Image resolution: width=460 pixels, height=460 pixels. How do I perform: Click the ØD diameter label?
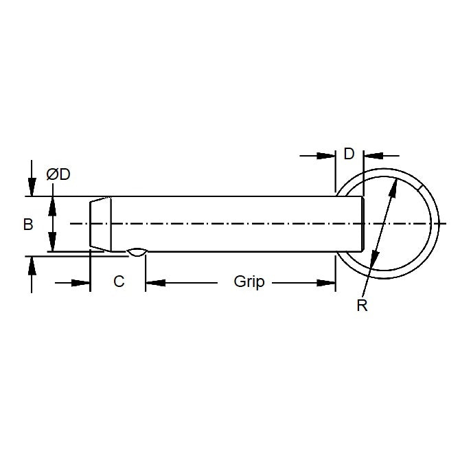58,174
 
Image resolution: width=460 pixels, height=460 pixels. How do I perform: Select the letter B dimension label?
28,225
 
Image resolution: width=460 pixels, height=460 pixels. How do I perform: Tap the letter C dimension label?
119,282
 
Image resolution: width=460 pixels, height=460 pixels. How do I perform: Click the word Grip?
249,282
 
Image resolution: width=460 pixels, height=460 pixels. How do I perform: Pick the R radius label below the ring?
362,306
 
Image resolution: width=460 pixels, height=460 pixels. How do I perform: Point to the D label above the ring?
349,154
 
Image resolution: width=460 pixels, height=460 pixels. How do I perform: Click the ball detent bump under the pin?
137,253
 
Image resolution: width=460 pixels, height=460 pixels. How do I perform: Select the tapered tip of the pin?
100,224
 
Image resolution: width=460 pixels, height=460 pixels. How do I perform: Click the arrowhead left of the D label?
327,156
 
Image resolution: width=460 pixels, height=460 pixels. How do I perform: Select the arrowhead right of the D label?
371,156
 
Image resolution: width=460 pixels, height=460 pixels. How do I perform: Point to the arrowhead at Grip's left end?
153,282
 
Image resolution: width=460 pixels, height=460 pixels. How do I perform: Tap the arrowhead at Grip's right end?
327,282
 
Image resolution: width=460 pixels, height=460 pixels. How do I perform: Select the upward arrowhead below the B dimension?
31,264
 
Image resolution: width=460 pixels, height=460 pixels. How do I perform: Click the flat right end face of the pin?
363,224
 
